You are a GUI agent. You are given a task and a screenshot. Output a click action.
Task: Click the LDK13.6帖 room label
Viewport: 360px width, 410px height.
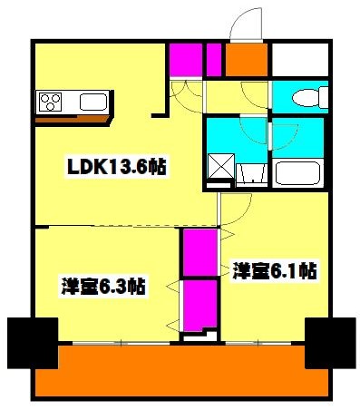tap(107, 167)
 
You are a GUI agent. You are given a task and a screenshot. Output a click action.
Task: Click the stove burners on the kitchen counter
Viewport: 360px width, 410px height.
tap(48, 100)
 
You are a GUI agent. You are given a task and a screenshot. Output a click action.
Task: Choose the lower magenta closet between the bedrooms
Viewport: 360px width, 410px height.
tap(199, 305)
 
